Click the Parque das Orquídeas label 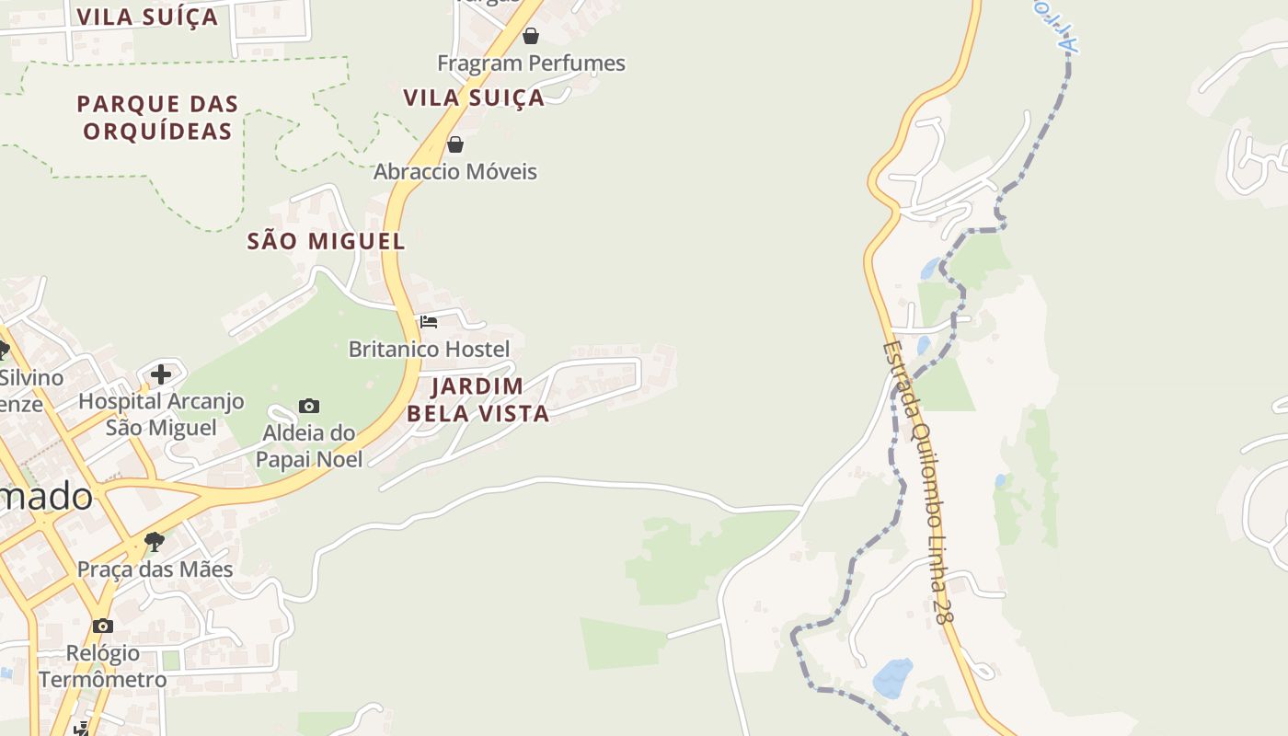click(157, 117)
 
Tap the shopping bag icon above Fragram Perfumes click(531, 36)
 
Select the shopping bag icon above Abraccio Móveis click(454, 144)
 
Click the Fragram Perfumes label click(531, 63)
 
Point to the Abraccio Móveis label click(454, 172)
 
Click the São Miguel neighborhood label click(326, 242)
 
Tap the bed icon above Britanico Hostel click(429, 322)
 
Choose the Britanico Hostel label click(429, 350)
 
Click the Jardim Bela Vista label click(477, 399)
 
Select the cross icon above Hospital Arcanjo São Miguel click(161, 374)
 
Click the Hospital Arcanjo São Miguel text click(161, 414)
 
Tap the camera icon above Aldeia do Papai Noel click(309, 406)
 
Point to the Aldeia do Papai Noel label click(309, 445)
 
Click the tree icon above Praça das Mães click(155, 541)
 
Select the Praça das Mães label click(155, 569)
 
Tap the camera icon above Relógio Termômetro click(103, 626)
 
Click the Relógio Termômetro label click(103, 667)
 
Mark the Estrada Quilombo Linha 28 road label click(916, 483)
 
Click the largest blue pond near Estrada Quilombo click(891, 678)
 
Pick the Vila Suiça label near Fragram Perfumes click(474, 98)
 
